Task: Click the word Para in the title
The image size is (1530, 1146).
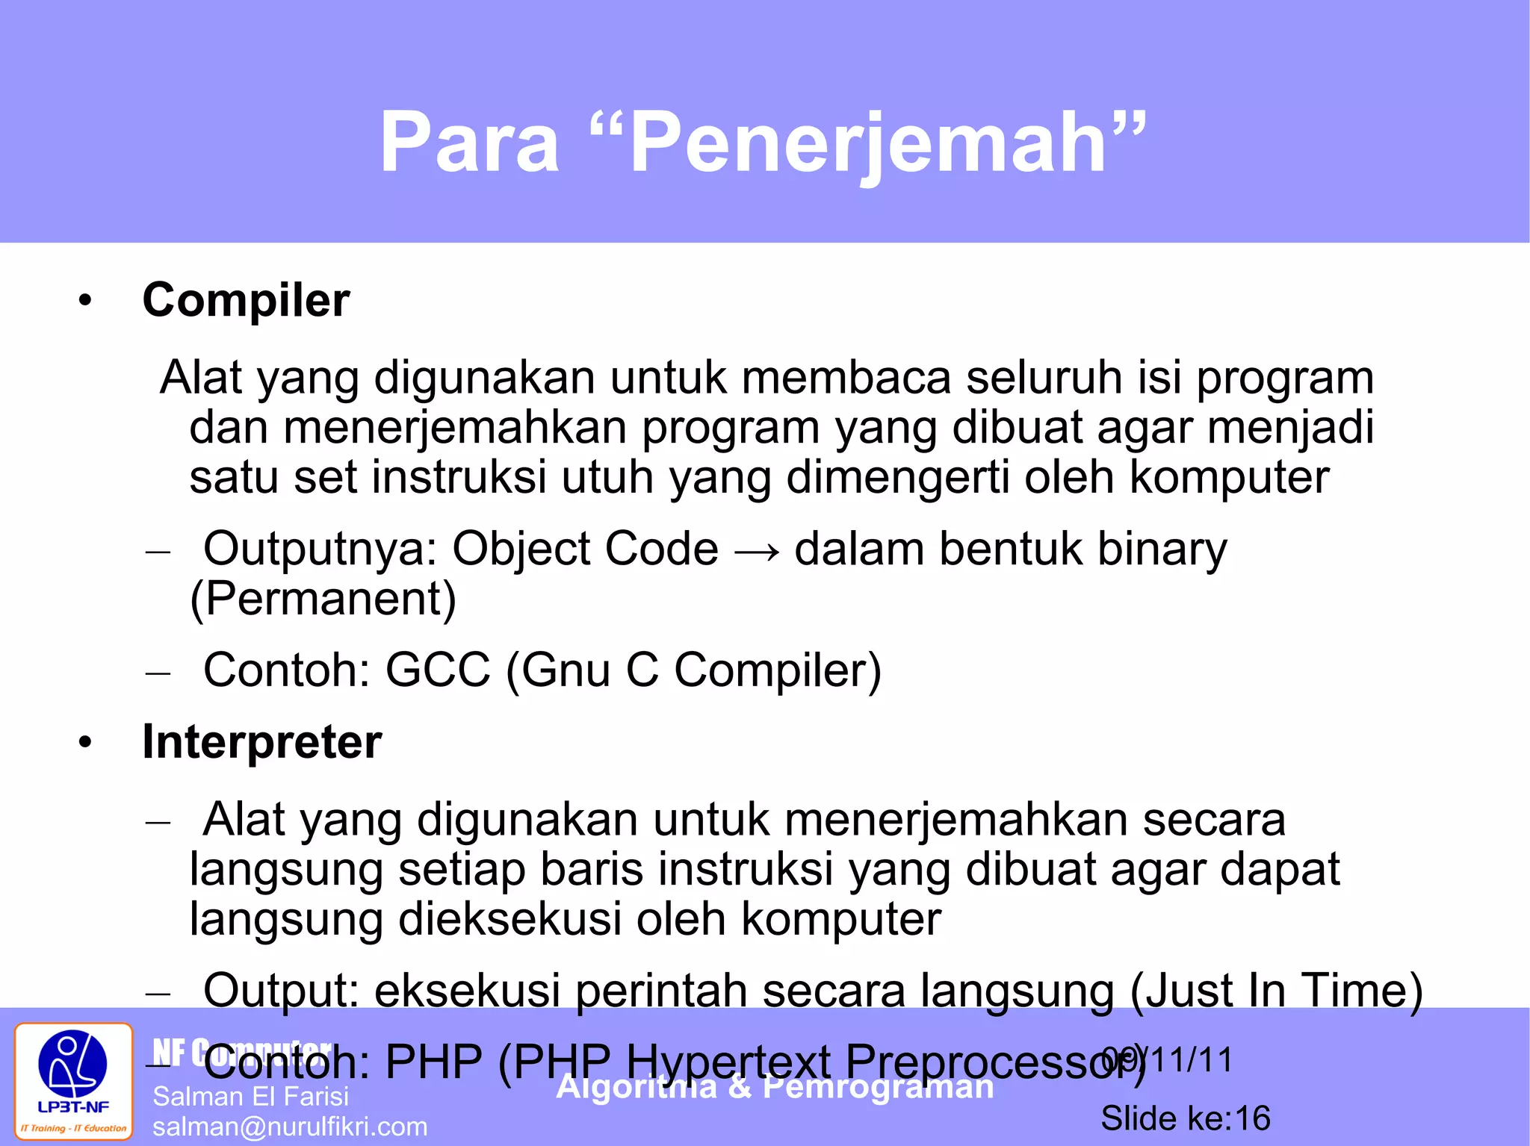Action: (x=469, y=142)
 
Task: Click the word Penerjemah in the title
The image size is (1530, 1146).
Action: (x=867, y=142)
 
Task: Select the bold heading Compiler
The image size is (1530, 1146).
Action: (x=246, y=300)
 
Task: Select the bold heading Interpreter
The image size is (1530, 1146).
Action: (x=261, y=742)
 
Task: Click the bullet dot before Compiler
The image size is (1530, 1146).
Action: (x=85, y=301)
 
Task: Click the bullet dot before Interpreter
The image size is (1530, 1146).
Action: (x=85, y=743)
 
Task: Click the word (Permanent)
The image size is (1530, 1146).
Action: (x=323, y=599)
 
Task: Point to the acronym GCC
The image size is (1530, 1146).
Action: (x=438, y=670)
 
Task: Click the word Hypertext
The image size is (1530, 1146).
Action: (x=728, y=1062)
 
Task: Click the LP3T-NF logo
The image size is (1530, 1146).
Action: (x=73, y=1080)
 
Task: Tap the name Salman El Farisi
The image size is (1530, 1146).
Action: (x=250, y=1096)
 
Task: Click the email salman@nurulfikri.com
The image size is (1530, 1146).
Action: (x=290, y=1127)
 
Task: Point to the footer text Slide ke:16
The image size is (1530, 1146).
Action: (x=1185, y=1118)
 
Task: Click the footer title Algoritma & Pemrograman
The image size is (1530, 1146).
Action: (x=775, y=1087)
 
